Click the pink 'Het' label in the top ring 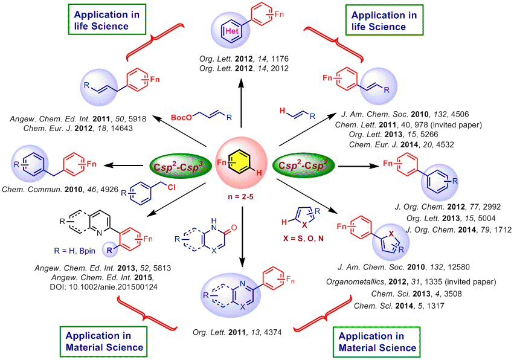232,31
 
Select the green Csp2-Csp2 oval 303,165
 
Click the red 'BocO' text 181,117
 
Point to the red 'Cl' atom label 172,187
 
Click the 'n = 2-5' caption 240,197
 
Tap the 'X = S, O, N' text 303,239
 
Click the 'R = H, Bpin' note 75,251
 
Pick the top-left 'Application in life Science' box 107,19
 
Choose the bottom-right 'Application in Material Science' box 377,342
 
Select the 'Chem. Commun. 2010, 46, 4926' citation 60,189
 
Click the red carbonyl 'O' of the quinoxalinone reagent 234,228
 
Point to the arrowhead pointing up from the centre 241,83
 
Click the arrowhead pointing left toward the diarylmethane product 109,166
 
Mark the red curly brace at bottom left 146,313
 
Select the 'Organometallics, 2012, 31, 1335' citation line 411,282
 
